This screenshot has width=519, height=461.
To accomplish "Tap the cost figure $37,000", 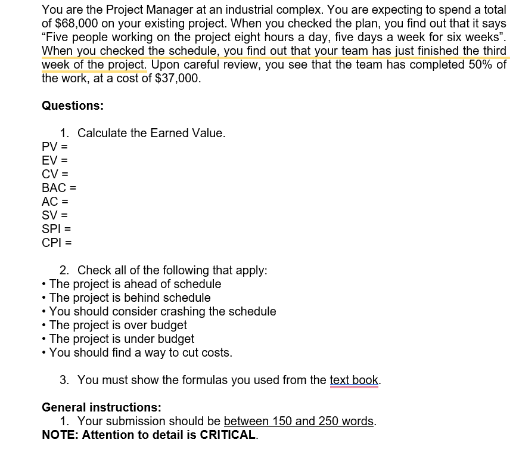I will click(178, 78).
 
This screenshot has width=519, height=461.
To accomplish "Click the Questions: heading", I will click(73, 106).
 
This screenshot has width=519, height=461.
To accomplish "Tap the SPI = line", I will click(57, 229).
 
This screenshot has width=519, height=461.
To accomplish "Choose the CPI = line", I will click(57, 243).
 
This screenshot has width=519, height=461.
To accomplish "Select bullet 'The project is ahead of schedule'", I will click(135, 284).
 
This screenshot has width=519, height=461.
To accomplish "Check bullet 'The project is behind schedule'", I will click(130, 298).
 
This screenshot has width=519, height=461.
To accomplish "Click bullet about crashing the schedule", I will click(163, 311).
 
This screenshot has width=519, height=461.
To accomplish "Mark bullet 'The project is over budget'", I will click(118, 325).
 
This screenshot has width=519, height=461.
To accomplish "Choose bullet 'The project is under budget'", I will click(122, 339).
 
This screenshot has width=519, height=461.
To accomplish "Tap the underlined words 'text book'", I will click(354, 380).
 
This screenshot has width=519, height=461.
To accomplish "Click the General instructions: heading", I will click(101, 407).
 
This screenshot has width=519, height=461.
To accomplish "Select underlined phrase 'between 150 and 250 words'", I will click(299, 421).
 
